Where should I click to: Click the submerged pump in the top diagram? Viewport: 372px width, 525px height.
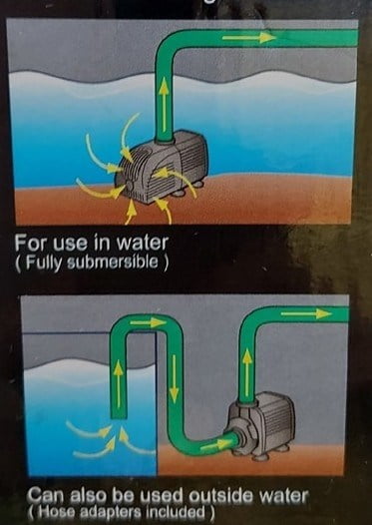coord(162,167)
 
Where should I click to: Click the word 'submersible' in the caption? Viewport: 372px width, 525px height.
coord(113,262)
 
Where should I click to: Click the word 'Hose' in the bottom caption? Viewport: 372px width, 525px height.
coord(53,512)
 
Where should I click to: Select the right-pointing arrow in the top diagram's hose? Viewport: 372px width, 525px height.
coord(249,38)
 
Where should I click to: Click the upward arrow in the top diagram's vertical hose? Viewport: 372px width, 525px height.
coord(164,105)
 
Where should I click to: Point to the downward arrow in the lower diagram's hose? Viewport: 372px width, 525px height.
coord(174,379)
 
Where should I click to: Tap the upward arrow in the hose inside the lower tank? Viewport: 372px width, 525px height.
coord(119,385)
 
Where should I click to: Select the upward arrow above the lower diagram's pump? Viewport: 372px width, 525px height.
coord(247,371)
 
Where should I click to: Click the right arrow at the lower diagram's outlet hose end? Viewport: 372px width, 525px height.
coord(306,313)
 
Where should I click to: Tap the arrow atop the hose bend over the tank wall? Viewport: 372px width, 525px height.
coord(148,322)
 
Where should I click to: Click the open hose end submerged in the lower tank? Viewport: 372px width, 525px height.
coord(119,416)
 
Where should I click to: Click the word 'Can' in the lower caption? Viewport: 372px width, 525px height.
coord(45,496)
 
